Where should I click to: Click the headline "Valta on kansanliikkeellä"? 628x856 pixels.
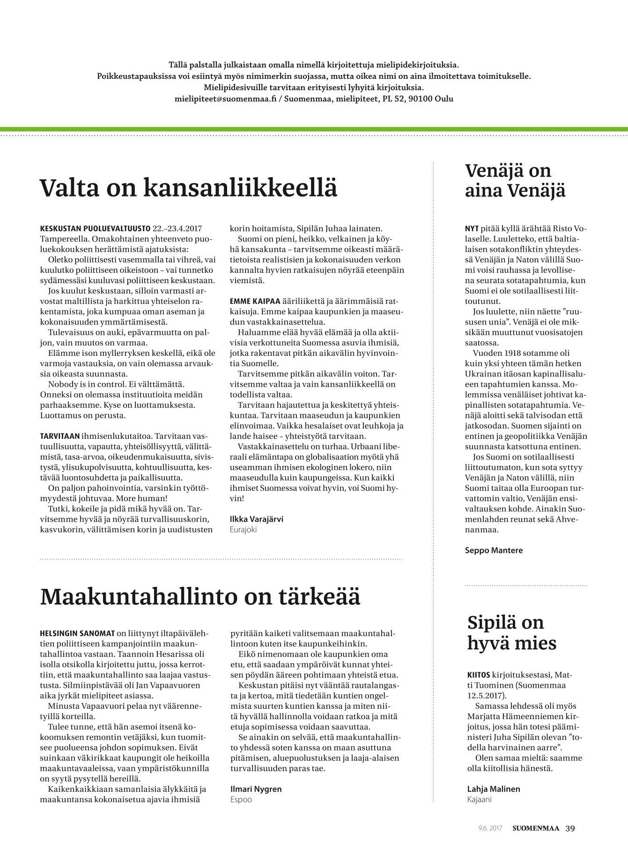tap(188, 188)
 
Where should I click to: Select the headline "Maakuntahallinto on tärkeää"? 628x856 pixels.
tap(200, 596)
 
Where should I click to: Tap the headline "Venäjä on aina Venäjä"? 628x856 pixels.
tap(515, 181)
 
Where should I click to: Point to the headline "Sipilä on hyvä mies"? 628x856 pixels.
tap(512, 632)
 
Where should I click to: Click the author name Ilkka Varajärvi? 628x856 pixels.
tap(257, 519)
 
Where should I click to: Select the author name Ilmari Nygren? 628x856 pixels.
tap(256, 789)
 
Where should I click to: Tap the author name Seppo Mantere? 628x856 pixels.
tap(494, 550)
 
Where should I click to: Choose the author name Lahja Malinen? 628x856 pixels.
tap(494, 789)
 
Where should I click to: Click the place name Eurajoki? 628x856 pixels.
tap(244, 530)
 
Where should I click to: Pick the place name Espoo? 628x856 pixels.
tap(241, 800)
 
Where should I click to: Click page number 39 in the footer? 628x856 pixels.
tap(570, 828)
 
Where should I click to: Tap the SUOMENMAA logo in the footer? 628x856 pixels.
tap(535, 828)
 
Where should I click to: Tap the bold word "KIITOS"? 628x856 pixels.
tap(479, 675)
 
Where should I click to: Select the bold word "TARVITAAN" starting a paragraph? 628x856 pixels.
tap(60, 436)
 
